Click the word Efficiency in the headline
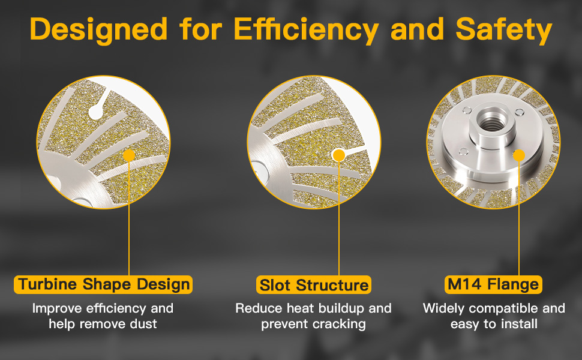click(x=306, y=29)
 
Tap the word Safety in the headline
click(x=503, y=29)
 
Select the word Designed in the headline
click(x=99, y=29)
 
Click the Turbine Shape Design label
click(x=103, y=284)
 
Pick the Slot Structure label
click(x=314, y=285)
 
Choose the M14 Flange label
click(x=493, y=284)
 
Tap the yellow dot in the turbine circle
click(x=129, y=155)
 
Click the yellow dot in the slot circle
click(x=339, y=155)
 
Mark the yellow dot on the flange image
click(x=518, y=155)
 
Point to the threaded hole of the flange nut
click(x=492, y=121)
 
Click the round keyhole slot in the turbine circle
click(x=96, y=112)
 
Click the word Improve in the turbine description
click(x=58, y=309)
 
